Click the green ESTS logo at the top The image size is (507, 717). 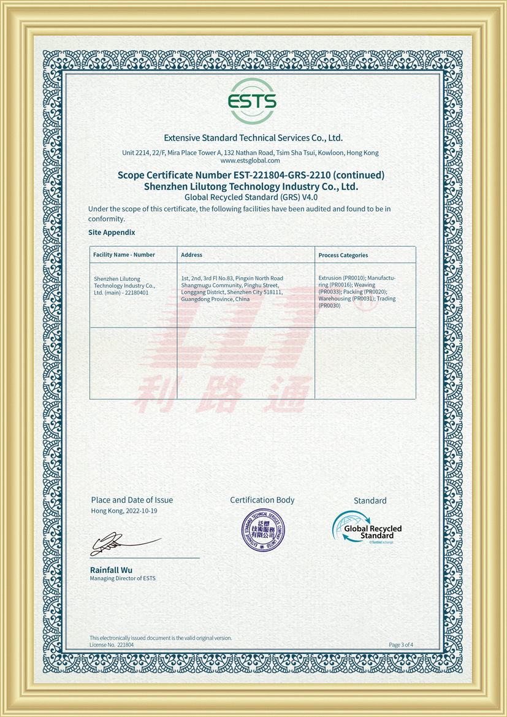(252, 101)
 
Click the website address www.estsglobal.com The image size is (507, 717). (250, 161)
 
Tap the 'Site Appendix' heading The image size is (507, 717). (112, 232)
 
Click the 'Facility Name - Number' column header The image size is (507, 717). (124, 255)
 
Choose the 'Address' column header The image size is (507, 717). (191, 255)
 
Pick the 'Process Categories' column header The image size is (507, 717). (343, 255)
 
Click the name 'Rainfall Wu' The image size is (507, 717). (111, 570)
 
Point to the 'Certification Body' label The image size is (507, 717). (262, 500)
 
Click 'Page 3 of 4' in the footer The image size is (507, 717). (401, 645)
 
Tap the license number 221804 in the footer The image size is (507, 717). (125, 645)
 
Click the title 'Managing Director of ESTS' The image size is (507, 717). (123, 578)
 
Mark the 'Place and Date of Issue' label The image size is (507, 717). (132, 500)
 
